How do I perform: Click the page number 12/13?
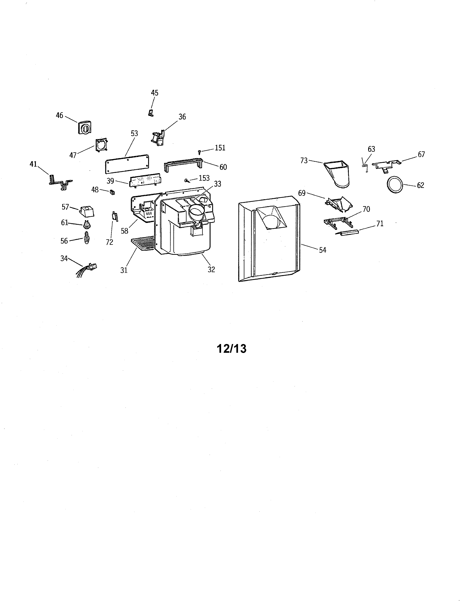(x=231, y=349)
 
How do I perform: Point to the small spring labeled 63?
(x=365, y=166)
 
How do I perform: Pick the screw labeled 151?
(x=200, y=152)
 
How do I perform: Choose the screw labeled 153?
(x=187, y=180)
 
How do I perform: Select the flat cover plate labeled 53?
(x=127, y=164)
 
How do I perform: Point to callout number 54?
(x=322, y=250)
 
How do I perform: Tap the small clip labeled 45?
(x=151, y=113)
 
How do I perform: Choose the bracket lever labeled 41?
(x=60, y=181)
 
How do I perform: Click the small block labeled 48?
(x=112, y=192)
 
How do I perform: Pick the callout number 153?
(x=204, y=178)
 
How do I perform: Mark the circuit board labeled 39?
(x=145, y=180)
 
